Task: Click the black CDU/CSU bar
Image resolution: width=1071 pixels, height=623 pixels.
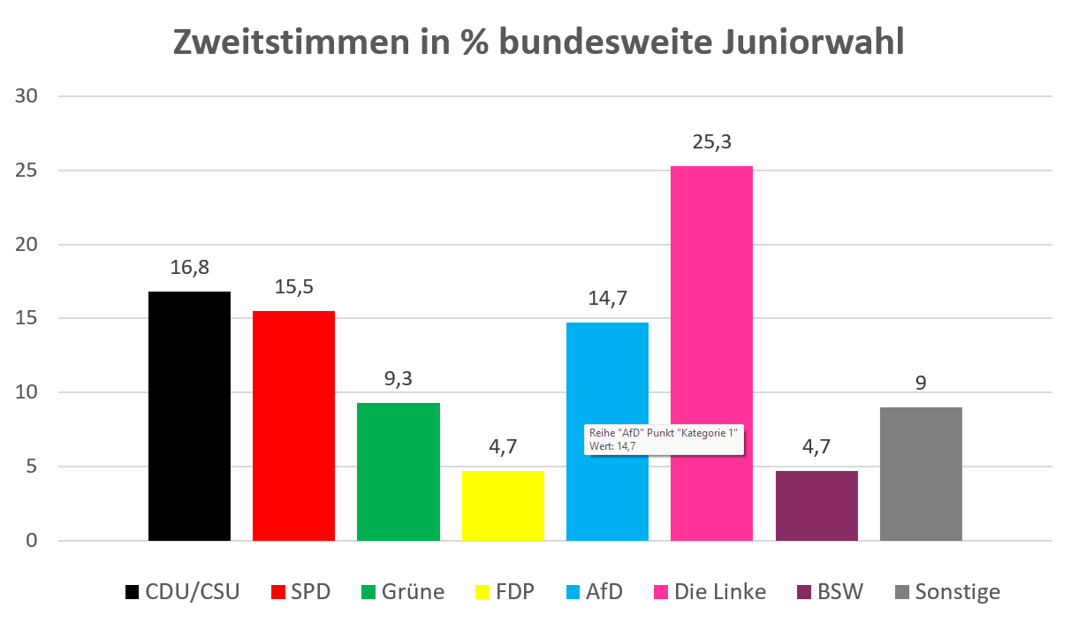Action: (189, 415)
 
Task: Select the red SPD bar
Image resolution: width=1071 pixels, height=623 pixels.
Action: (293, 425)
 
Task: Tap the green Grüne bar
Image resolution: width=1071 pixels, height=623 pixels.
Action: (398, 471)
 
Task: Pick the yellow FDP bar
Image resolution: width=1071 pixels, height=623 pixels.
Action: (503, 505)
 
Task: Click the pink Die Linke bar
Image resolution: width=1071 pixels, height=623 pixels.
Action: (711, 353)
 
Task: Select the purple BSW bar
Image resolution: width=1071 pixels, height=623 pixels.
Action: (817, 505)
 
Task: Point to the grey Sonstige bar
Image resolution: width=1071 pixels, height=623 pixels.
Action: (921, 473)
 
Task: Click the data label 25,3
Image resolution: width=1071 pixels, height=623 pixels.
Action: (711, 142)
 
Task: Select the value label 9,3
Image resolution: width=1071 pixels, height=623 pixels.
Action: (398, 379)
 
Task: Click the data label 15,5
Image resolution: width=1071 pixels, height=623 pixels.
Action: (293, 287)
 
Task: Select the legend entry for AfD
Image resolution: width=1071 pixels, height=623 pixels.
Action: (594, 591)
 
